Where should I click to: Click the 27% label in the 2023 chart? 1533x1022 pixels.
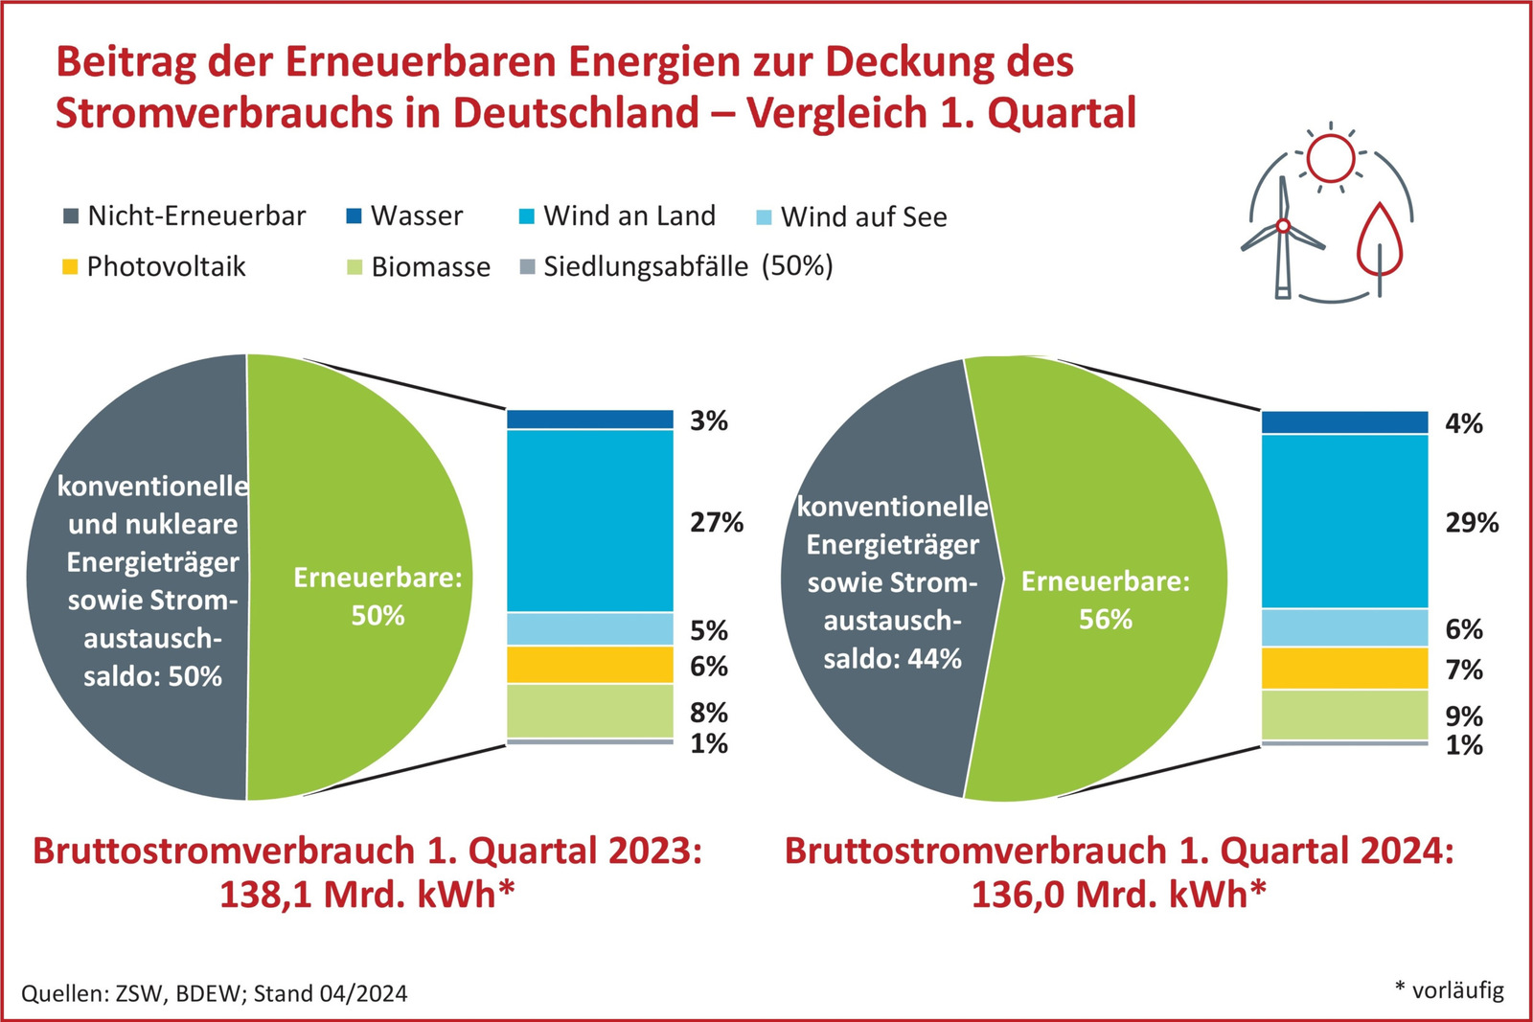716,522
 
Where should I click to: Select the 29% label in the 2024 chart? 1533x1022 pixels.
1471,522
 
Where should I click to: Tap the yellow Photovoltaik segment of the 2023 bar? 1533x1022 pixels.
590,664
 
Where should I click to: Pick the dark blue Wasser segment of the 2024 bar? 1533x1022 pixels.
1344,421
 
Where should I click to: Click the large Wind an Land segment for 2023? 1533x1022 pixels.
590,520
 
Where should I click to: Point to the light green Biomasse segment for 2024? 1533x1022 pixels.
1344,715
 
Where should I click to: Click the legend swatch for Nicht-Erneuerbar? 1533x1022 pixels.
71,216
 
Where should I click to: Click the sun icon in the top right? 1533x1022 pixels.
1330,158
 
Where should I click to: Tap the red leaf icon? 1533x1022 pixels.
1379,239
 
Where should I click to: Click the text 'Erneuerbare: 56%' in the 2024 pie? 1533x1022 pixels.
1105,600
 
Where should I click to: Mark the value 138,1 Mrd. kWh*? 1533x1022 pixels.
367,895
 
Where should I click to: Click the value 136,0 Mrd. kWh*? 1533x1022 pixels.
1118,895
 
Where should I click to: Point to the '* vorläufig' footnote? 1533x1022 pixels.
1449,989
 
